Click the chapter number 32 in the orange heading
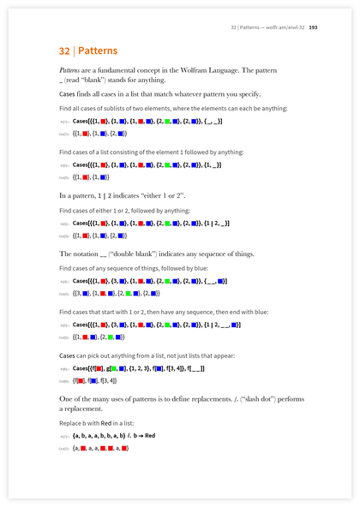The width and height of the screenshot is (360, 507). (65, 51)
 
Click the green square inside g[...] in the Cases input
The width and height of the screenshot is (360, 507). (114, 368)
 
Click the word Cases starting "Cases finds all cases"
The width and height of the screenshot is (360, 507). (69, 93)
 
